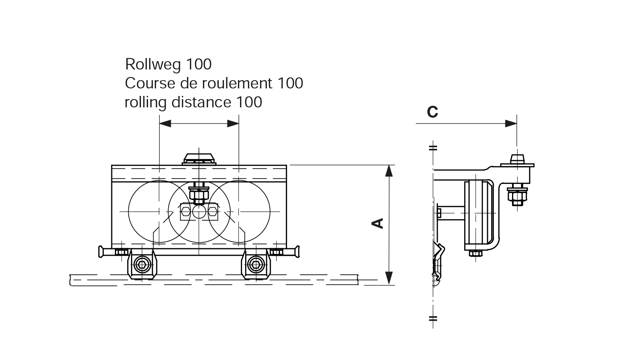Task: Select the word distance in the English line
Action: [x=201, y=102]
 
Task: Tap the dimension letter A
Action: [x=377, y=223]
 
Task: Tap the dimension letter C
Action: [x=433, y=112]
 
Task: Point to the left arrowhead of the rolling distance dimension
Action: [x=165, y=124]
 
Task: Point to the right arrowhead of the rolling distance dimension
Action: [x=233, y=124]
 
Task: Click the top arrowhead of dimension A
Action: [x=389, y=171]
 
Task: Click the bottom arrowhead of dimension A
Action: [x=389, y=278]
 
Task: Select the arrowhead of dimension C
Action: [x=511, y=124]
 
